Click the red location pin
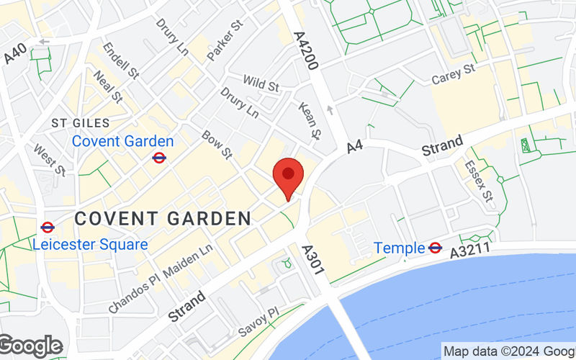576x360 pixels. (x=288, y=176)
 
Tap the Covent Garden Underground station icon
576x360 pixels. (x=159, y=157)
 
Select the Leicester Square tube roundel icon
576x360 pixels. (x=48, y=228)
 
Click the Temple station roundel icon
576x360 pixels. (x=435, y=248)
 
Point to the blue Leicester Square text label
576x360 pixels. (x=90, y=245)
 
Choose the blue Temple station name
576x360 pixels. (x=399, y=248)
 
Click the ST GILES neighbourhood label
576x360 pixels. (x=81, y=124)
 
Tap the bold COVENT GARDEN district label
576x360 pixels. (x=163, y=217)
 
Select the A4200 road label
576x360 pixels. (x=307, y=50)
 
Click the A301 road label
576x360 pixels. (x=315, y=260)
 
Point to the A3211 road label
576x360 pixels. (x=470, y=251)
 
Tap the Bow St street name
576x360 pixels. (x=217, y=145)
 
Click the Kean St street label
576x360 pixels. (x=309, y=120)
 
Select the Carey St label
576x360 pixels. (x=454, y=74)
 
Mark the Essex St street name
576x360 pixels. (x=479, y=181)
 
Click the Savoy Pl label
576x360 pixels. (x=258, y=321)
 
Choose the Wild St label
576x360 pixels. (x=261, y=84)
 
